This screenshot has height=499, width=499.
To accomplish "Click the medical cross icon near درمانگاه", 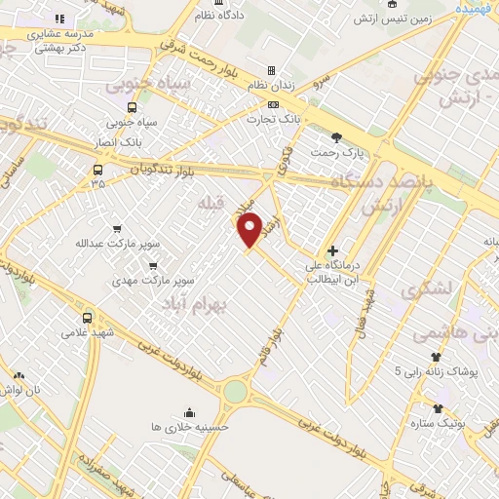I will pyautogui.click(x=332, y=250).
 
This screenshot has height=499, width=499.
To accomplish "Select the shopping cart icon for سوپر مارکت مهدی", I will pyautogui.click(x=152, y=264).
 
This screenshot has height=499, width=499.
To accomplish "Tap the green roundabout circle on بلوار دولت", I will pyautogui.click(x=235, y=392).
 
